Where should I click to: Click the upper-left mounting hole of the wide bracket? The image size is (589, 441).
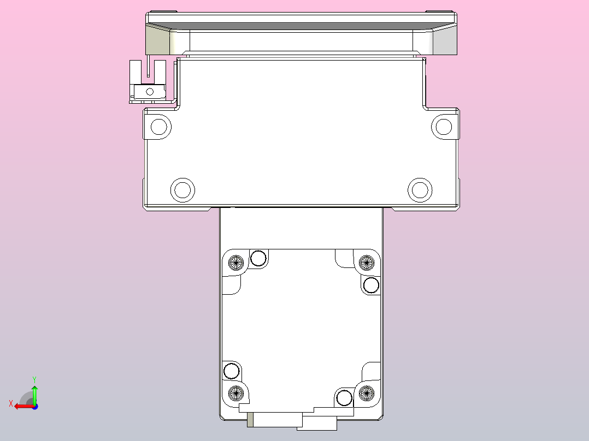click(x=159, y=127)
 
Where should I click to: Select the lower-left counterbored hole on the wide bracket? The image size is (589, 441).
click(x=182, y=190)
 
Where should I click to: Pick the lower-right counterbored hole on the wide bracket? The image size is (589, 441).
click(x=420, y=190)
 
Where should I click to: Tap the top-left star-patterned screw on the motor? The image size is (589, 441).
click(x=236, y=263)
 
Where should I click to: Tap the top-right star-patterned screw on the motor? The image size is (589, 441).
click(x=366, y=263)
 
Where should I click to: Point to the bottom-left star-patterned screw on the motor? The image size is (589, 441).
click(x=236, y=391)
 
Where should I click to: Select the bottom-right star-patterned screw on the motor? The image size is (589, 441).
click(x=366, y=391)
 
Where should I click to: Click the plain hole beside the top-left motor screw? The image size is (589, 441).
click(x=258, y=258)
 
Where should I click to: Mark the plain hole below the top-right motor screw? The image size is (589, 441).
click(x=372, y=285)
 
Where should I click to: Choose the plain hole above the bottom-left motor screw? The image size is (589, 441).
click(x=231, y=371)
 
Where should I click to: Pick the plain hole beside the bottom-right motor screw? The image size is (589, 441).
click(x=344, y=398)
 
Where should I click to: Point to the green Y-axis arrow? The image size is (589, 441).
click(x=34, y=391)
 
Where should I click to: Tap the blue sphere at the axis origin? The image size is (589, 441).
click(x=34, y=406)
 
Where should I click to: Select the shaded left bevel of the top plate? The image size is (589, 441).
click(x=158, y=41)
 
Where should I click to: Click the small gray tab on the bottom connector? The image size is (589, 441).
click(x=251, y=420)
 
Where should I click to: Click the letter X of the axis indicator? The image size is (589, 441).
click(x=11, y=403)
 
